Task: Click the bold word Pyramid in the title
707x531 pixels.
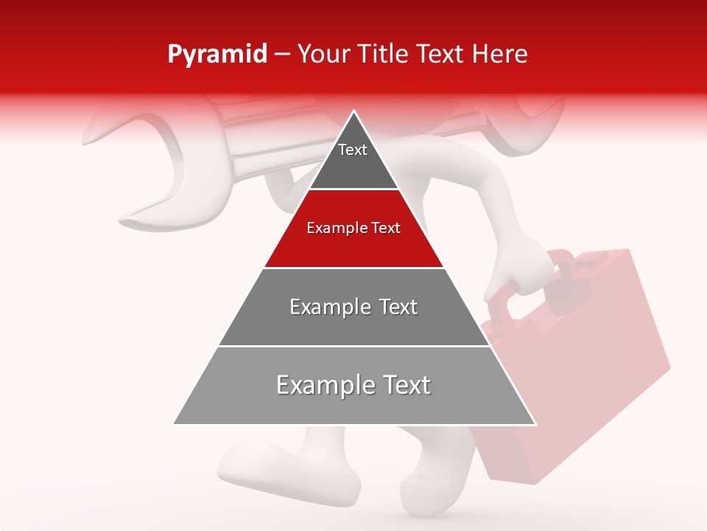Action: [217, 55]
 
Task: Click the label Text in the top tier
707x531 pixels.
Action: [353, 150]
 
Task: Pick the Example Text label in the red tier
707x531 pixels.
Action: [353, 228]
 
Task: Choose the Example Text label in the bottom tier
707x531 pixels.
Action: [353, 385]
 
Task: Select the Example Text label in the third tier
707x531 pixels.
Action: [353, 307]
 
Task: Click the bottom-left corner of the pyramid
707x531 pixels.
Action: [174, 424]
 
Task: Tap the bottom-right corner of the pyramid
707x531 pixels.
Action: [535, 424]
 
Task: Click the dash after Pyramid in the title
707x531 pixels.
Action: [282, 55]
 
